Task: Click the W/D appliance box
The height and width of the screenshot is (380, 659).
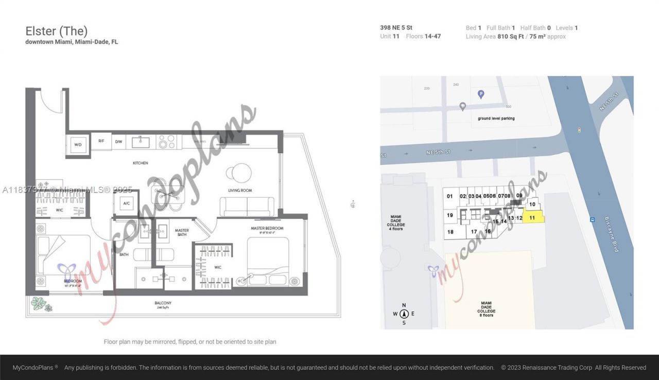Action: pyautogui.click(x=78, y=144)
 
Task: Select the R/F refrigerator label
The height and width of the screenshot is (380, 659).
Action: pyautogui.click(x=101, y=141)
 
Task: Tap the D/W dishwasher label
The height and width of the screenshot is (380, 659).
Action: pyautogui.click(x=118, y=141)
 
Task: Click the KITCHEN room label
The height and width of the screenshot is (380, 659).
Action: pyautogui.click(x=141, y=163)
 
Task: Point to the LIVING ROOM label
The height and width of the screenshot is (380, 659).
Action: pyautogui.click(x=240, y=191)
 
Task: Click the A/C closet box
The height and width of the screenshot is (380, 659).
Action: pyautogui.click(x=126, y=203)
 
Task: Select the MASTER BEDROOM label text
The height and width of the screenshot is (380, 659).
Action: pyautogui.click(x=267, y=228)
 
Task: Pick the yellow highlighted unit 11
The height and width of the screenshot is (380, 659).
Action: pyautogui.click(x=533, y=218)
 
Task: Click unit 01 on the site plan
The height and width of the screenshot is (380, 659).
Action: pyautogui.click(x=449, y=196)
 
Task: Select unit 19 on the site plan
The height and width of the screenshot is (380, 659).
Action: pyautogui.click(x=450, y=215)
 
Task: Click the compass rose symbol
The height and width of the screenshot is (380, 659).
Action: pyautogui.click(x=404, y=314)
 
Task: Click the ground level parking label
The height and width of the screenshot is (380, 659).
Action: pyautogui.click(x=496, y=118)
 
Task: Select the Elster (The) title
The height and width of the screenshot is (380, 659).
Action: pyautogui.click(x=57, y=31)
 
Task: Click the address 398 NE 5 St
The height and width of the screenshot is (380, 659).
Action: pyautogui.click(x=396, y=28)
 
